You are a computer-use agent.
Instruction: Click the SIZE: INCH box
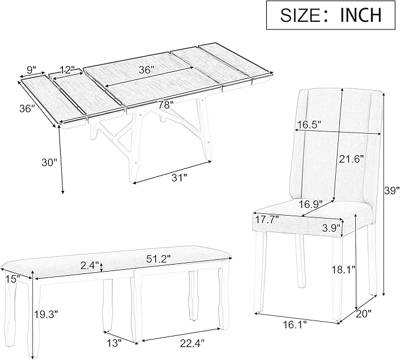point(330,15)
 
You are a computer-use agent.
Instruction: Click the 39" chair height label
point(391,190)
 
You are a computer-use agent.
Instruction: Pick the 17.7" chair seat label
point(267,220)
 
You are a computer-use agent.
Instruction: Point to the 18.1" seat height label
point(345,270)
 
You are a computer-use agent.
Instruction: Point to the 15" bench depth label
point(8,279)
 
